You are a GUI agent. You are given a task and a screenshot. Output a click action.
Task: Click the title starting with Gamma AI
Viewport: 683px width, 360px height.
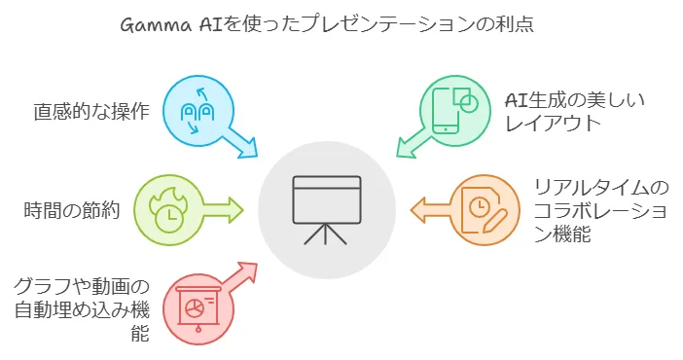point(327,24)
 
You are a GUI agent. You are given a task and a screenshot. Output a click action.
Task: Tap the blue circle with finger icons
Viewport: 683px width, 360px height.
point(198,111)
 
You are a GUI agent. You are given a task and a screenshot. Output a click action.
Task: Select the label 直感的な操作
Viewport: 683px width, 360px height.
point(91,111)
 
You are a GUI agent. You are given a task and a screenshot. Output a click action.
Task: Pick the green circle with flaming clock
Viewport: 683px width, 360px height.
point(168,210)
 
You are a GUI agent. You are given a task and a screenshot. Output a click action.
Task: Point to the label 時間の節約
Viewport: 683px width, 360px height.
point(71,210)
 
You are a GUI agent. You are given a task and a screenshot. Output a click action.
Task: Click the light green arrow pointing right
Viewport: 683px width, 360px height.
point(224,210)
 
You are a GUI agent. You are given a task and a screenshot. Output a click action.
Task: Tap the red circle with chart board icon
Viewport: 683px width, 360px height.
point(198,308)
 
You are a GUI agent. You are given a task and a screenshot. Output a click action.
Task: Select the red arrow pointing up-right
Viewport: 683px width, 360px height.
point(242,277)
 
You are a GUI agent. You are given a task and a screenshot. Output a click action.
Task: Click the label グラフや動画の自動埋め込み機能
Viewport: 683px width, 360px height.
point(82,309)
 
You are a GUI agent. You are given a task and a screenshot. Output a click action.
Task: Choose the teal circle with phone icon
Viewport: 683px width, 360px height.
point(455,111)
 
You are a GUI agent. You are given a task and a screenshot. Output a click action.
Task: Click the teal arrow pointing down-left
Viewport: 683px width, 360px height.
point(413,142)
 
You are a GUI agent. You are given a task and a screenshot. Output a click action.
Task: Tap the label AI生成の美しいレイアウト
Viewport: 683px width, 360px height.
point(574,112)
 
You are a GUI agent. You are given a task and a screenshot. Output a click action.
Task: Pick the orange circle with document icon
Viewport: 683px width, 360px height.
point(485,210)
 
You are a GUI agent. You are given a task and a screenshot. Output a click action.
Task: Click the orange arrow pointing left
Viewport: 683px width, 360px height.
point(430,210)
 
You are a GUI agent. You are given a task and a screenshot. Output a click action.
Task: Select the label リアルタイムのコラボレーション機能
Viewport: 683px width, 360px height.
point(601,211)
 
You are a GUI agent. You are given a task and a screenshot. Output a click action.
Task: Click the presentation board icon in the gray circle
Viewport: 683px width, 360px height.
point(326,209)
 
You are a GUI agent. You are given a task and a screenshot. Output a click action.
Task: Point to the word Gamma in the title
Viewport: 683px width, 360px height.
point(156,25)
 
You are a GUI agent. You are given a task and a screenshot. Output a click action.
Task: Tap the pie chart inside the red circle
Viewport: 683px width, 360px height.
point(195,308)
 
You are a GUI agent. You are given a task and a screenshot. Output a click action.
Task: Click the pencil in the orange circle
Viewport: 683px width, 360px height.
point(494,222)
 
